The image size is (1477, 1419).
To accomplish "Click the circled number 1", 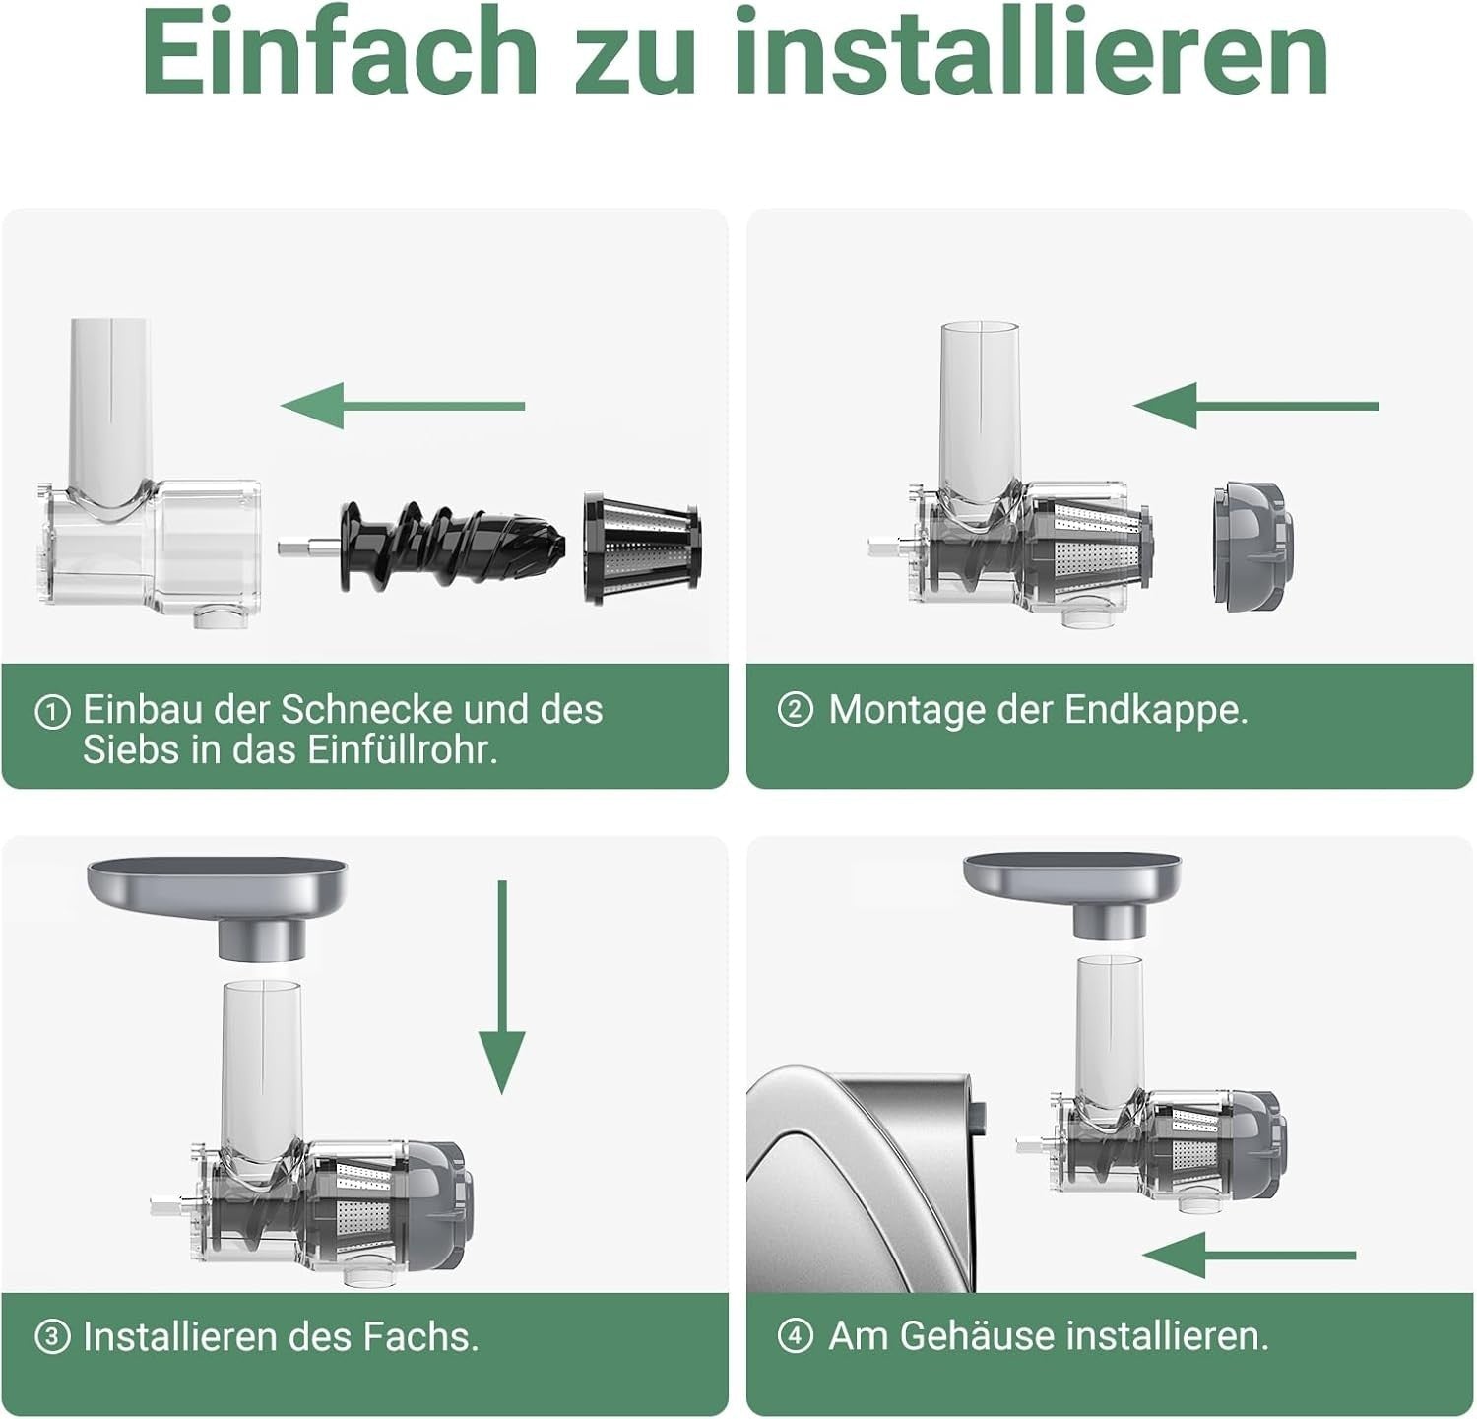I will click(52, 711).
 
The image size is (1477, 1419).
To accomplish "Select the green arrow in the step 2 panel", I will click(1254, 406).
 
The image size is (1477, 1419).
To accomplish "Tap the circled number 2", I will click(795, 709).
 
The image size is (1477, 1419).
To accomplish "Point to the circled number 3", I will click(52, 1337).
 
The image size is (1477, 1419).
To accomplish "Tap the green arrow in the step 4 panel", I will click(1249, 1255).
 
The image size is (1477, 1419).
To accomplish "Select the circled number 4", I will click(795, 1336).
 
